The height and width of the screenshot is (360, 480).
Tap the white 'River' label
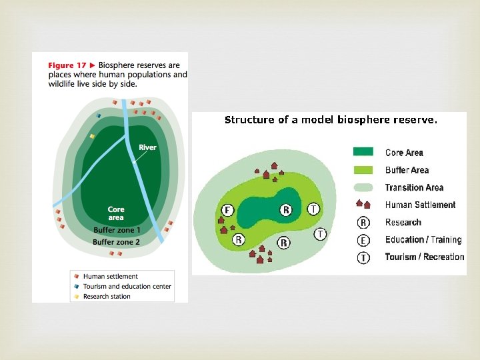point(147,147)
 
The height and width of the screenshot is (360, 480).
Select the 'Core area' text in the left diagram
point(116,213)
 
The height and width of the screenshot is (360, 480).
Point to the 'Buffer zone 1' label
point(117,231)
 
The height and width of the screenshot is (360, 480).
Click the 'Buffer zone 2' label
point(117,242)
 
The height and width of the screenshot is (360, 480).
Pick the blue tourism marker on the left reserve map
point(99,115)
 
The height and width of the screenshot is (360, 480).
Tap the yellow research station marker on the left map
point(93,136)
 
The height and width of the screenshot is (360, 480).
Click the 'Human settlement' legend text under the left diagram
point(110,276)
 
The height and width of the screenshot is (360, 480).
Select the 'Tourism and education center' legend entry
point(127,286)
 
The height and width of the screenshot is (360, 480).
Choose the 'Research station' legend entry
point(107,296)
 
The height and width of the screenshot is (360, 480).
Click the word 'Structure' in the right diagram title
point(249,121)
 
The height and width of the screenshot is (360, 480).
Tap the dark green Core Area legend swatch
point(366,153)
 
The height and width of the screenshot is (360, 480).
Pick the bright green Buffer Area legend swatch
point(366,170)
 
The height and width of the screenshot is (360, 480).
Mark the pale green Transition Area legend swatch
point(366,187)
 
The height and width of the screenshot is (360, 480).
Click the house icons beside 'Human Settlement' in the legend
point(363,205)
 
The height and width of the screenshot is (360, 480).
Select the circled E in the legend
point(363,240)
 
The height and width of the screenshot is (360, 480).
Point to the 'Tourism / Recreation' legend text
point(424,257)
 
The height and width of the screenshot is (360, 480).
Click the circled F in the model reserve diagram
point(228,210)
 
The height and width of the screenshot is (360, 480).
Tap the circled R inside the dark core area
point(286,210)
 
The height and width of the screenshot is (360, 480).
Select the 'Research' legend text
point(403,223)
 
